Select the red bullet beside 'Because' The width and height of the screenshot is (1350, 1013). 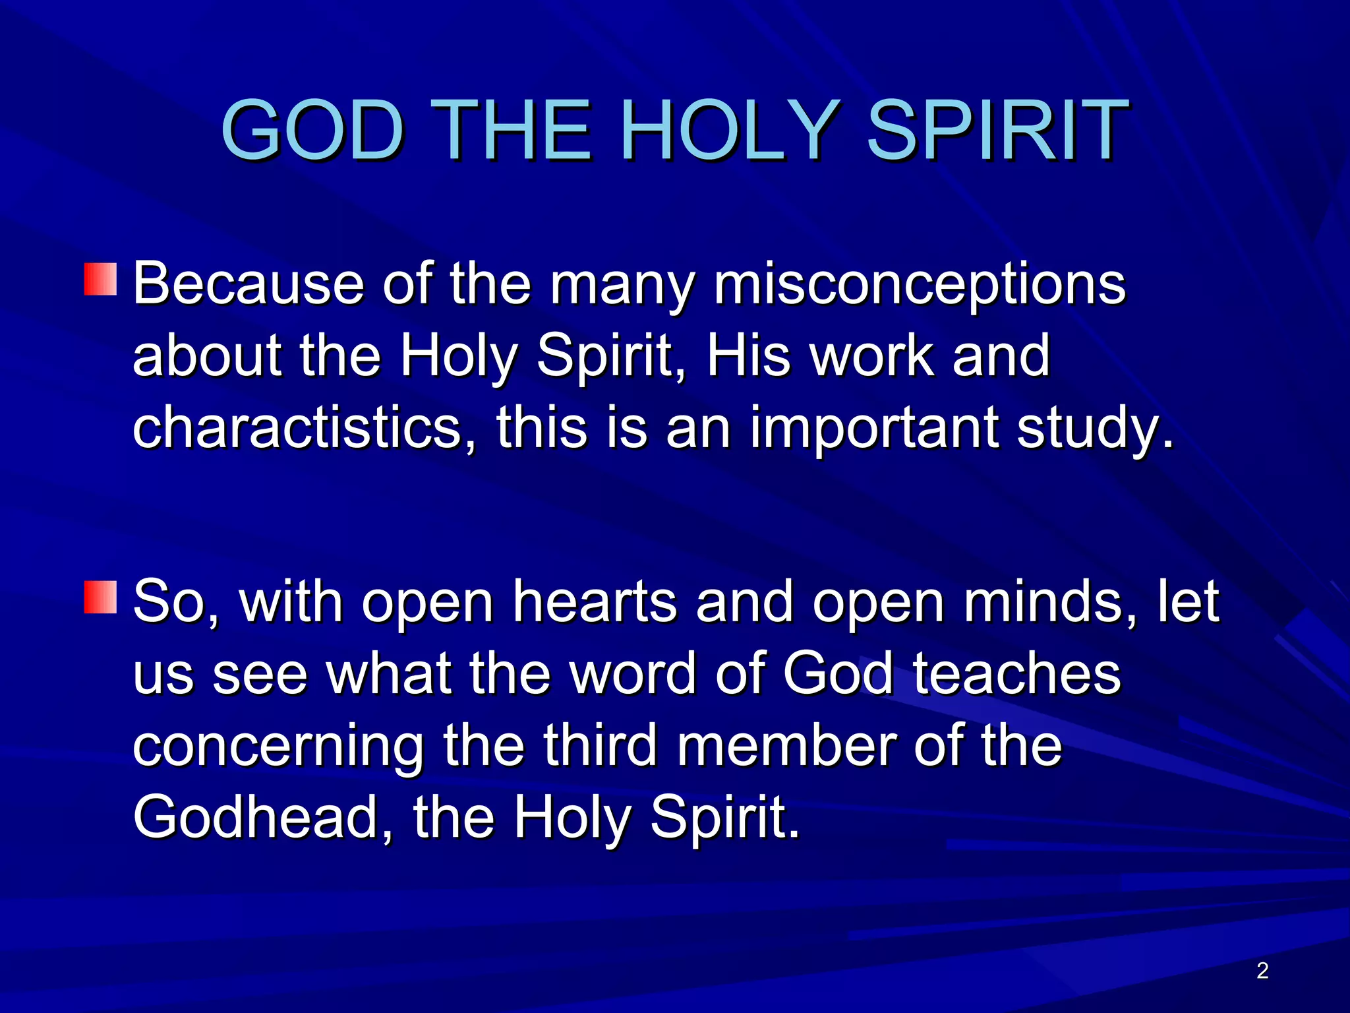tap(100, 279)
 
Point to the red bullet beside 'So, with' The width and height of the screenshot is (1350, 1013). tap(100, 597)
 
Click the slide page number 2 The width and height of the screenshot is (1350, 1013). tap(1262, 971)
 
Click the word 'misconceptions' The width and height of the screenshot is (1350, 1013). tap(920, 285)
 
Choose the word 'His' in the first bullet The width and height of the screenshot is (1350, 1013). tap(748, 356)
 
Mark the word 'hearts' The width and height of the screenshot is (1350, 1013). tap(595, 602)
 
